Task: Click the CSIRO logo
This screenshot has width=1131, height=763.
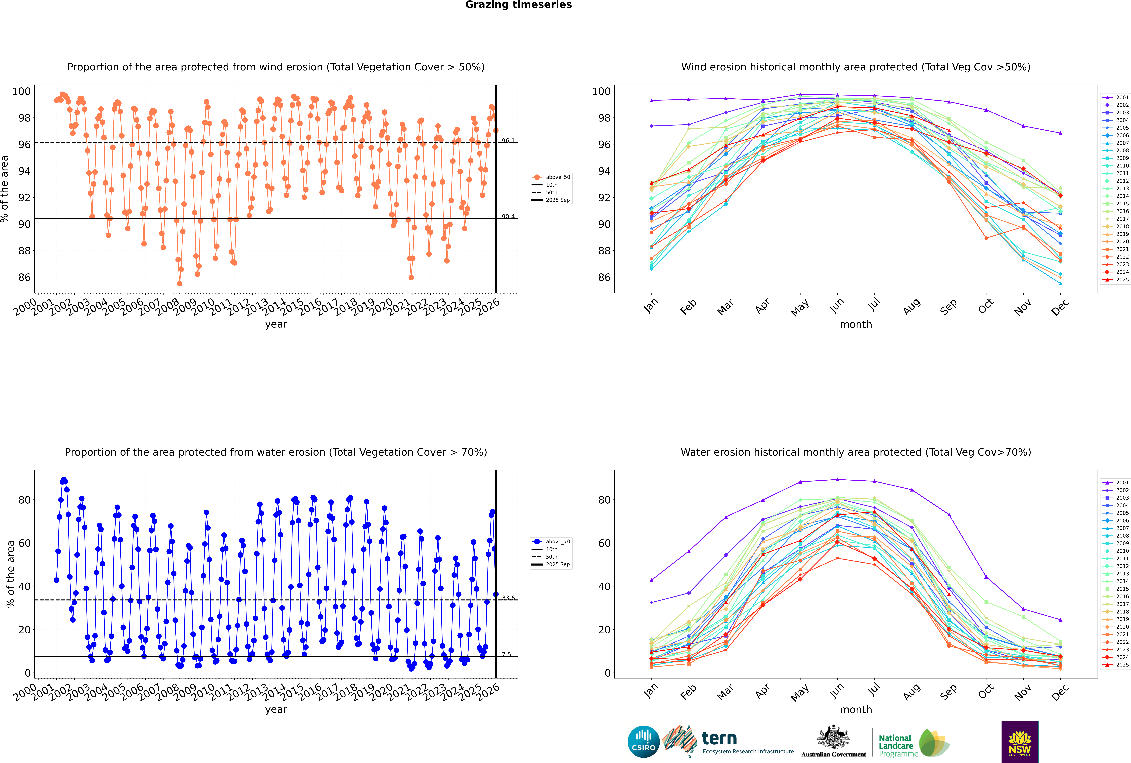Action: tap(643, 742)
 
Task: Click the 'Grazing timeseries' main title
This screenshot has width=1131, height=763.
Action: tap(518, 5)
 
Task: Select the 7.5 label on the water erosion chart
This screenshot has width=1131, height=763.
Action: tap(506, 654)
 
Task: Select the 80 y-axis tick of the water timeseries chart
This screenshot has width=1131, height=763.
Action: tap(24, 500)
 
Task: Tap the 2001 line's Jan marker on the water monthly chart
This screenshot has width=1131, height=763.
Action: tap(652, 580)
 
